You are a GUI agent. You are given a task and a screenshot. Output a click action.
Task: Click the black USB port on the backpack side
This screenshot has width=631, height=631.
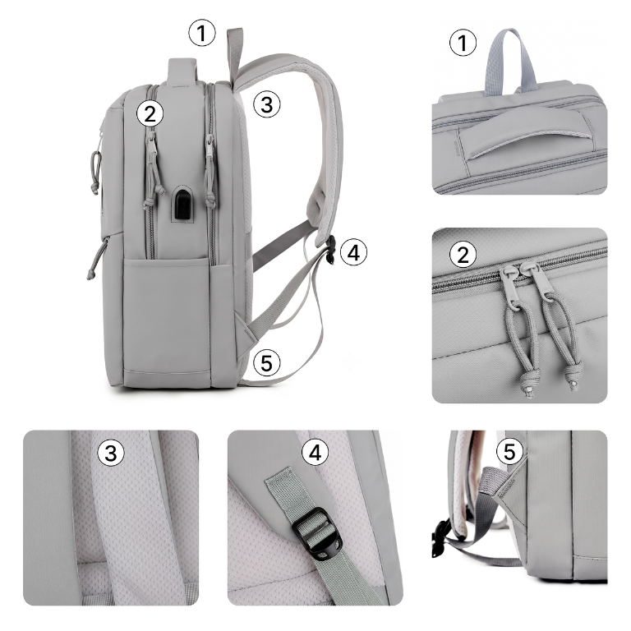(x=182, y=204)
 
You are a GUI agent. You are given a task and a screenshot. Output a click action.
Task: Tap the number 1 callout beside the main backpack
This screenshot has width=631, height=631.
(x=202, y=33)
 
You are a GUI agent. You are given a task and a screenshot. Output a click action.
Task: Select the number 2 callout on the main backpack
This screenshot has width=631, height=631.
(x=150, y=114)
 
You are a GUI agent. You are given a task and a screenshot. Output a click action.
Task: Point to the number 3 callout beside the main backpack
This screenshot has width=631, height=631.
(x=267, y=104)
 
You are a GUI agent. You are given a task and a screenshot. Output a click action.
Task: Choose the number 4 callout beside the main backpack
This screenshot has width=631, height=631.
(x=354, y=253)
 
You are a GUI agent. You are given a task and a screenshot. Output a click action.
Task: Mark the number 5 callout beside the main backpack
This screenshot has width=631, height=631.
(x=267, y=363)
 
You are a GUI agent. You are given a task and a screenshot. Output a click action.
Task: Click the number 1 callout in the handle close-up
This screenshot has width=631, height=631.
(x=463, y=43)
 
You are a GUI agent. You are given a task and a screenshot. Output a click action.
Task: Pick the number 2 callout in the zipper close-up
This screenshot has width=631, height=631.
(x=463, y=255)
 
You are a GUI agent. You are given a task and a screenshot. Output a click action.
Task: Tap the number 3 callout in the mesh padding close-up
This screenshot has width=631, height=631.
(x=111, y=453)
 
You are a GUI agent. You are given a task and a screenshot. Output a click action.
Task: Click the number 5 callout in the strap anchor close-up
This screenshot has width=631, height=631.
(x=509, y=451)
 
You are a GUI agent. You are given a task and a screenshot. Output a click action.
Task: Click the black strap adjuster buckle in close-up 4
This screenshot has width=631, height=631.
(x=316, y=533)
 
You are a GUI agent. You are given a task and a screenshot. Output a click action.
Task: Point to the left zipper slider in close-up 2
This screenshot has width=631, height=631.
(x=509, y=288)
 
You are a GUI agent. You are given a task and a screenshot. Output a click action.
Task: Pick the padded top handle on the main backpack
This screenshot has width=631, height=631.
(x=182, y=71)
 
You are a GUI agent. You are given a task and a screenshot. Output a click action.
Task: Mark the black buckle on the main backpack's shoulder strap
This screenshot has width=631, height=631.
(x=331, y=250)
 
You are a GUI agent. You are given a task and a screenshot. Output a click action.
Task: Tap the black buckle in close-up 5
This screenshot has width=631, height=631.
(x=440, y=538)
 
